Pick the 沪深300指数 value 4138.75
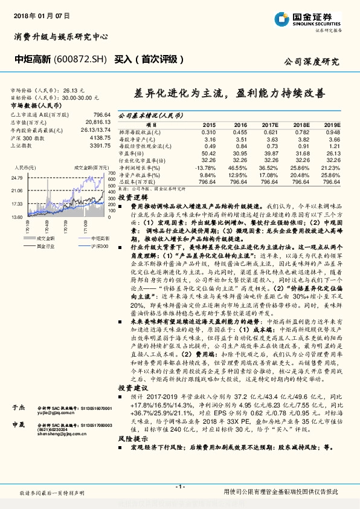point(99,138)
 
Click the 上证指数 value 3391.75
point(99,146)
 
